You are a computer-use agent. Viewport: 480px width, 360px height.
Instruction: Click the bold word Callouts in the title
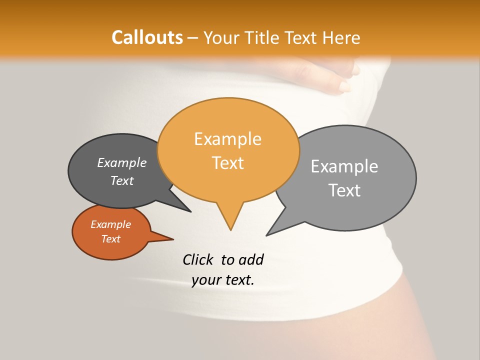(x=147, y=37)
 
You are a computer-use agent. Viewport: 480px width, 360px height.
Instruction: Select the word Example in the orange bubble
(x=227, y=139)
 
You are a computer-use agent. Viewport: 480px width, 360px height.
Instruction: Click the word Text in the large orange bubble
(x=227, y=163)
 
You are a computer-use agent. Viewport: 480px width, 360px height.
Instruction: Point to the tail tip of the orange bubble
(x=230, y=229)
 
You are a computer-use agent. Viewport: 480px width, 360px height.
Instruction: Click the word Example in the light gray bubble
(x=344, y=166)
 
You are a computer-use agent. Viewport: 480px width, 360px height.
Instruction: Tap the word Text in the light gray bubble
(x=344, y=190)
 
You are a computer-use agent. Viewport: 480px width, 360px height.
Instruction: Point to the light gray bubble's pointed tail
(x=268, y=234)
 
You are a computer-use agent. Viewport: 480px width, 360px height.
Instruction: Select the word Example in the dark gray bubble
(x=122, y=162)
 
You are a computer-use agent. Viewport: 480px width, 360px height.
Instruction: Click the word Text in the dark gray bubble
(x=122, y=180)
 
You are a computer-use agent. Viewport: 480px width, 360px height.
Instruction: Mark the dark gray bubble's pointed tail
(x=189, y=211)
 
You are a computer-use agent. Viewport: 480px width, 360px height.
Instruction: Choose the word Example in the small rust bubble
(x=110, y=224)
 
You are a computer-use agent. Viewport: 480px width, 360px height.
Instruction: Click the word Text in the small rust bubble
(x=110, y=239)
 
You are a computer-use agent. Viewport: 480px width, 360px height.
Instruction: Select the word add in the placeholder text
(x=250, y=259)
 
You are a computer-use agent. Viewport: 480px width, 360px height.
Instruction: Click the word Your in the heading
(x=222, y=38)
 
